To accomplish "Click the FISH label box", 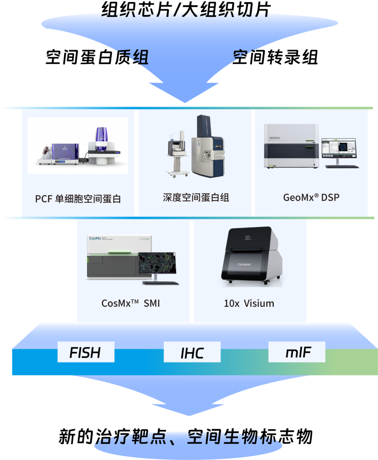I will (x=86, y=352).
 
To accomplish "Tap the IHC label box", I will (x=192, y=352).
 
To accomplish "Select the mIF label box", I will (x=297, y=352).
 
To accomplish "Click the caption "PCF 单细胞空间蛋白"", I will (x=78, y=199).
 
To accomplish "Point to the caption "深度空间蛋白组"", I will (x=196, y=198).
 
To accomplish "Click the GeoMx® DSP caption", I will (x=311, y=198).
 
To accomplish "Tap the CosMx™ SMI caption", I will (x=131, y=303).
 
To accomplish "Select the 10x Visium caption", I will (x=249, y=303).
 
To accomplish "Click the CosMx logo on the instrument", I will (x=95, y=238).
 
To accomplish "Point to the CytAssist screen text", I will (x=244, y=264).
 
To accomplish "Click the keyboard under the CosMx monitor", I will (x=161, y=283).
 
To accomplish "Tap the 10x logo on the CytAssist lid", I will (x=248, y=238).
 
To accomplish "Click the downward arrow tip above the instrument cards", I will (x=185, y=101).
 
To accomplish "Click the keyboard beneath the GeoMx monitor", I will (x=342, y=167).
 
